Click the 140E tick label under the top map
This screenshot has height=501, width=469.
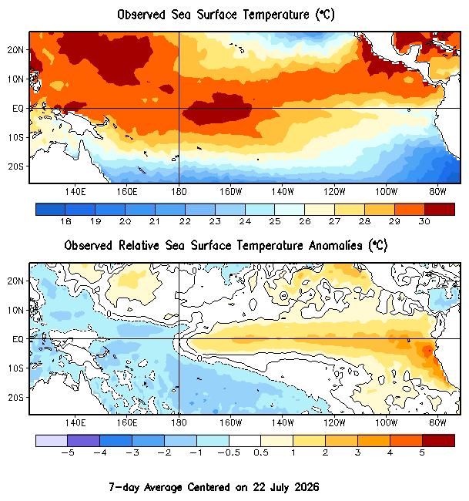click(x=75, y=192)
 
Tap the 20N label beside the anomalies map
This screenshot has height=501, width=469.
click(x=15, y=281)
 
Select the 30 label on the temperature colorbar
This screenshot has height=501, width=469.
click(x=424, y=221)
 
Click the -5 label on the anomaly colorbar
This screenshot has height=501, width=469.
click(x=67, y=452)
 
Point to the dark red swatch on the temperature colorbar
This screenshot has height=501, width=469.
click(x=440, y=210)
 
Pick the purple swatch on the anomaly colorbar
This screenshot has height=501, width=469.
click(x=84, y=441)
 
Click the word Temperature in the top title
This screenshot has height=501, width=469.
click(x=276, y=15)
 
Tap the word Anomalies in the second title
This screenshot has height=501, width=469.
click(x=335, y=246)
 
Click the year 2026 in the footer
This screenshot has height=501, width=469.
click(x=307, y=487)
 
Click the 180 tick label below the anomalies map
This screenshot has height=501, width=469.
click(x=179, y=423)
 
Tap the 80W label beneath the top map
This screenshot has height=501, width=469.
click(x=437, y=192)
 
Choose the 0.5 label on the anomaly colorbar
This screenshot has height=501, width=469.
click(x=261, y=452)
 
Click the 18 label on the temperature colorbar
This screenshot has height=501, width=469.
click(x=65, y=221)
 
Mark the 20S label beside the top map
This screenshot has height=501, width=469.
click(x=15, y=166)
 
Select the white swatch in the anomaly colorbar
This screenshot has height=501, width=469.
click(x=245, y=441)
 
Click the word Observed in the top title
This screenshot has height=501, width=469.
click(x=141, y=15)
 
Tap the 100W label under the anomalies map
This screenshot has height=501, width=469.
click(x=386, y=423)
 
